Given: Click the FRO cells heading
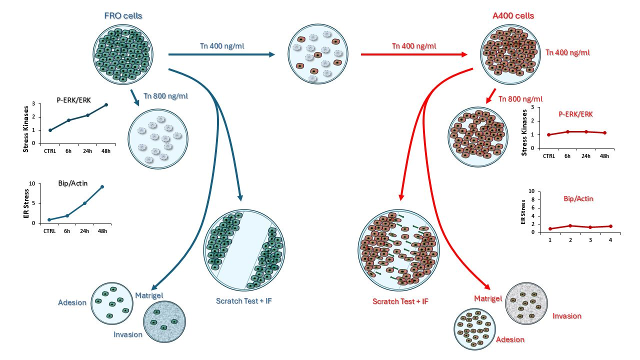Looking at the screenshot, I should [x=123, y=15].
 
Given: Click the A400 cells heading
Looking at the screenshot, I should [x=513, y=15].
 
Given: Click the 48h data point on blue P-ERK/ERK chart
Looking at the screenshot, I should [x=106, y=105].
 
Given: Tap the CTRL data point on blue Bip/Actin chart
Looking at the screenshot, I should [x=49, y=219].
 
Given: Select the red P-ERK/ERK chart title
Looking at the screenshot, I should [x=575, y=114].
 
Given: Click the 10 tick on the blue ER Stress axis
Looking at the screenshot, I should [x=32, y=183].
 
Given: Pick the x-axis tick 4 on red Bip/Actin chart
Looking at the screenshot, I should [x=610, y=240].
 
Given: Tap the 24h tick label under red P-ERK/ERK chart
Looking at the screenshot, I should [x=586, y=156].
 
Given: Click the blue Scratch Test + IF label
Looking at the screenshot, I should [x=244, y=301].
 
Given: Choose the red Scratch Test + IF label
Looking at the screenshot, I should [x=400, y=301].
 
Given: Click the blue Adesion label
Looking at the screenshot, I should [x=72, y=302].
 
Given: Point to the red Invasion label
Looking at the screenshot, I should [x=566, y=316].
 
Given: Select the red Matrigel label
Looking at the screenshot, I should [x=487, y=298].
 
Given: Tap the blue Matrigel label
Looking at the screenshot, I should [x=149, y=295].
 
